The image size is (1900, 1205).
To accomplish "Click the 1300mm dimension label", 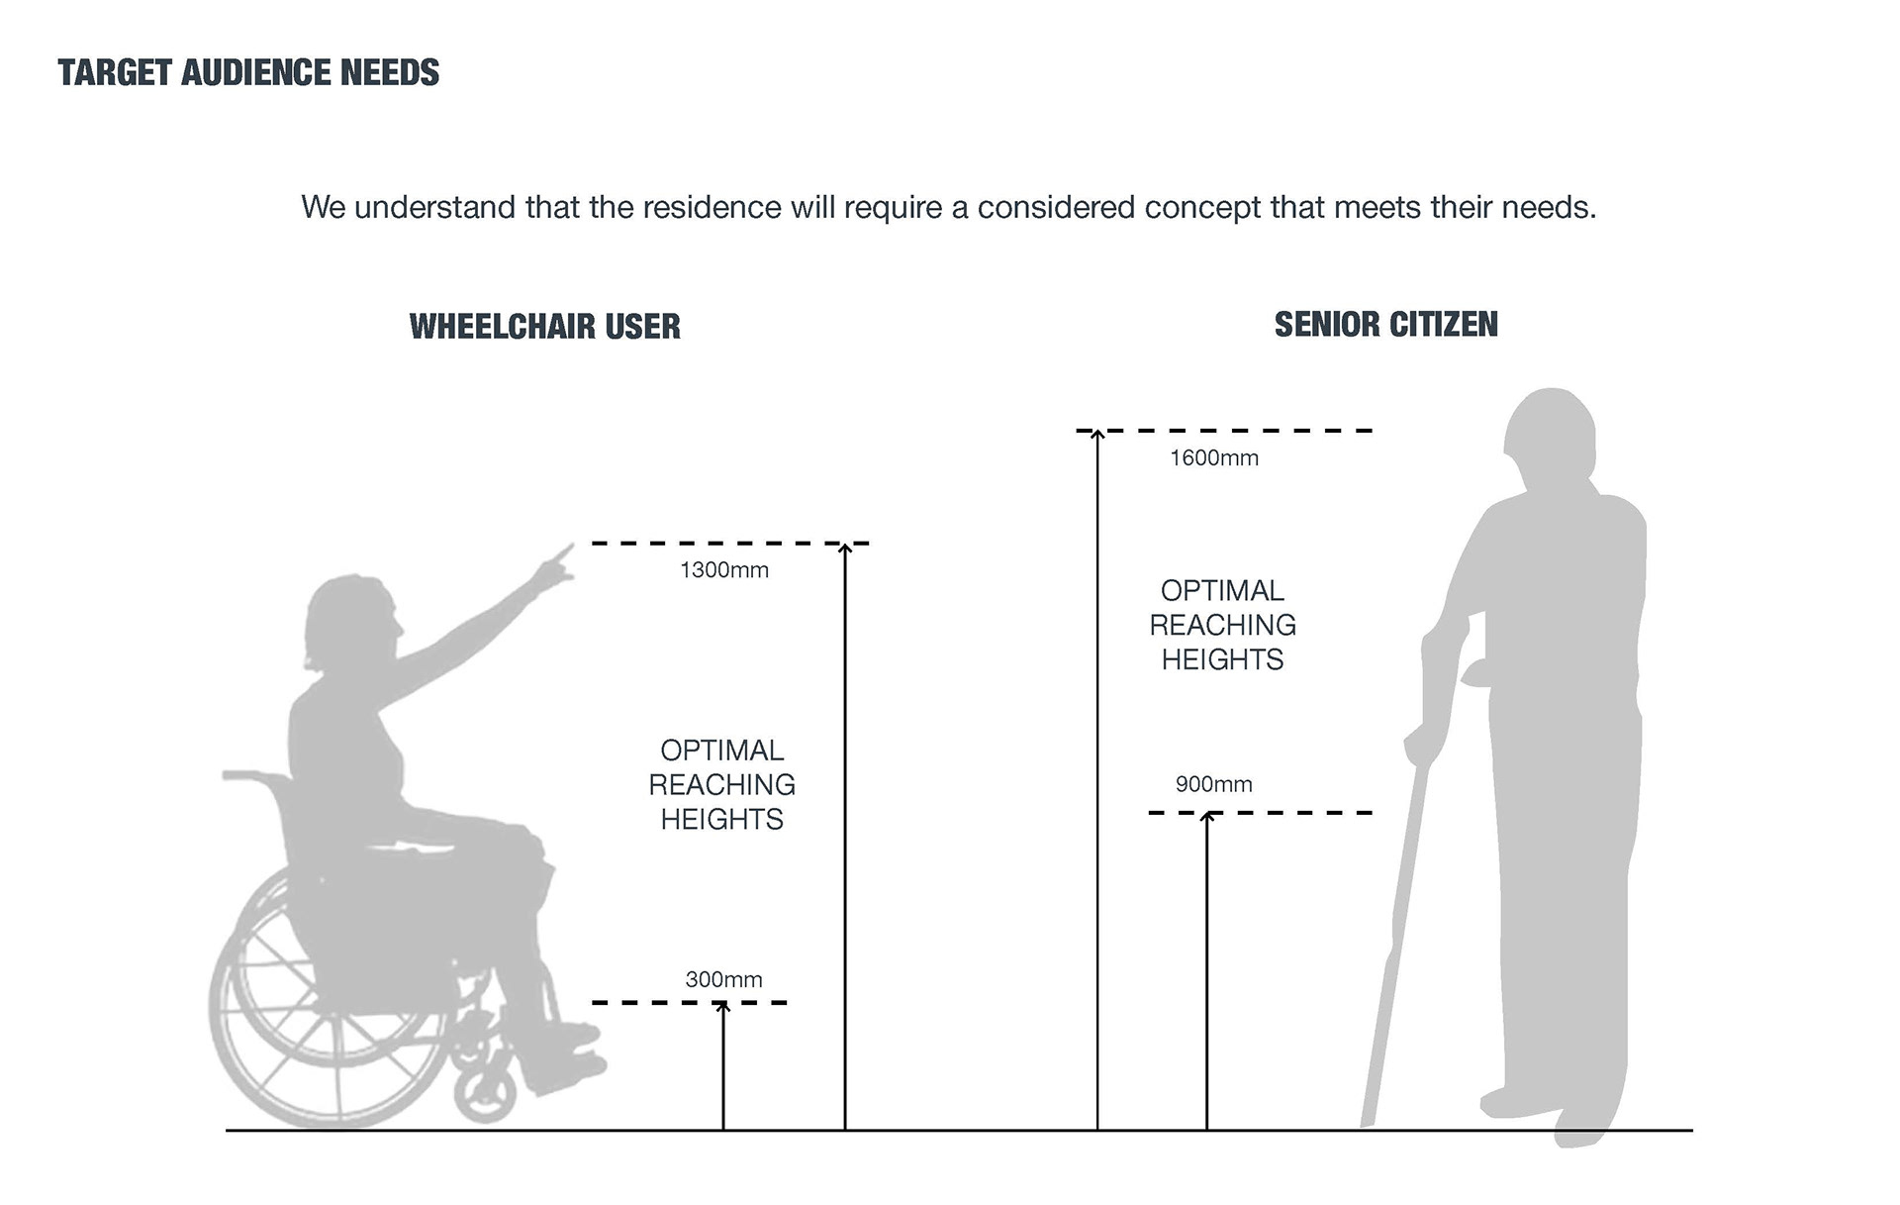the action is (x=723, y=570).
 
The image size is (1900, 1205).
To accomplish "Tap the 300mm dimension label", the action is (x=723, y=980).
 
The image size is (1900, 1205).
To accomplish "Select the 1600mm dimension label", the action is (x=1214, y=458).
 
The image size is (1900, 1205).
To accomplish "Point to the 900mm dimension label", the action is (x=1213, y=784).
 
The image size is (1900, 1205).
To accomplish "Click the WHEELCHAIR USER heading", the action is (x=544, y=327).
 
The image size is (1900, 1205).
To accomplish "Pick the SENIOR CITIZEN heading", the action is (x=1385, y=325).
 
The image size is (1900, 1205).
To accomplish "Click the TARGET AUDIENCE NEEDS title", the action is (x=248, y=73).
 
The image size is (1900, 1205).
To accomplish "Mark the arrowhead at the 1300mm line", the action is (x=845, y=548).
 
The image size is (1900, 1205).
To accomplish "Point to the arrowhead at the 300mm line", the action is (x=723, y=1007).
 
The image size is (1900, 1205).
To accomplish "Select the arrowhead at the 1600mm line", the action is (x=1097, y=435).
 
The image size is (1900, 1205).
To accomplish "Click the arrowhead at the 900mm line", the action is (x=1206, y=817).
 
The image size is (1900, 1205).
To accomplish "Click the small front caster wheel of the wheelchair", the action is (x=485, y=1092).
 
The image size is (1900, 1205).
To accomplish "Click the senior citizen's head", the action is (x=1551, y=436).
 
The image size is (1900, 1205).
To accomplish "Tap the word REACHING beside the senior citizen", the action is (x=1222, y=626).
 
